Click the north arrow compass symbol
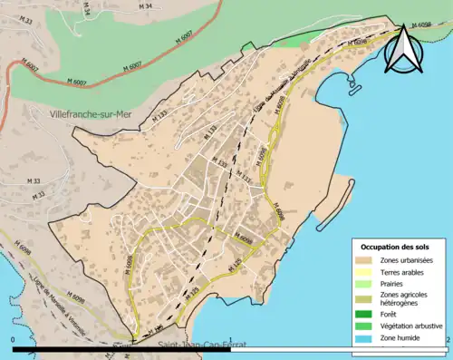pos(403,50)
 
